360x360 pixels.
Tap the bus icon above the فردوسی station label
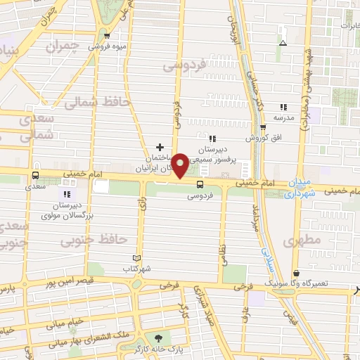[200, 184]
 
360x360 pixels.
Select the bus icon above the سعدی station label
[35, 174]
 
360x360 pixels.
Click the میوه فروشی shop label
[105, 47]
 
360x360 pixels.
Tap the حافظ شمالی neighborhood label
[98, 103]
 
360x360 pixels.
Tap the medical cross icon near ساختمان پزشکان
[160, 148]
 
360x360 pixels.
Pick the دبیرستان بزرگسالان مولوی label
[70, 209]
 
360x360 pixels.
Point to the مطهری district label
[302, 241]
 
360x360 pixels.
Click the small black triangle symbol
[282, 43]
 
